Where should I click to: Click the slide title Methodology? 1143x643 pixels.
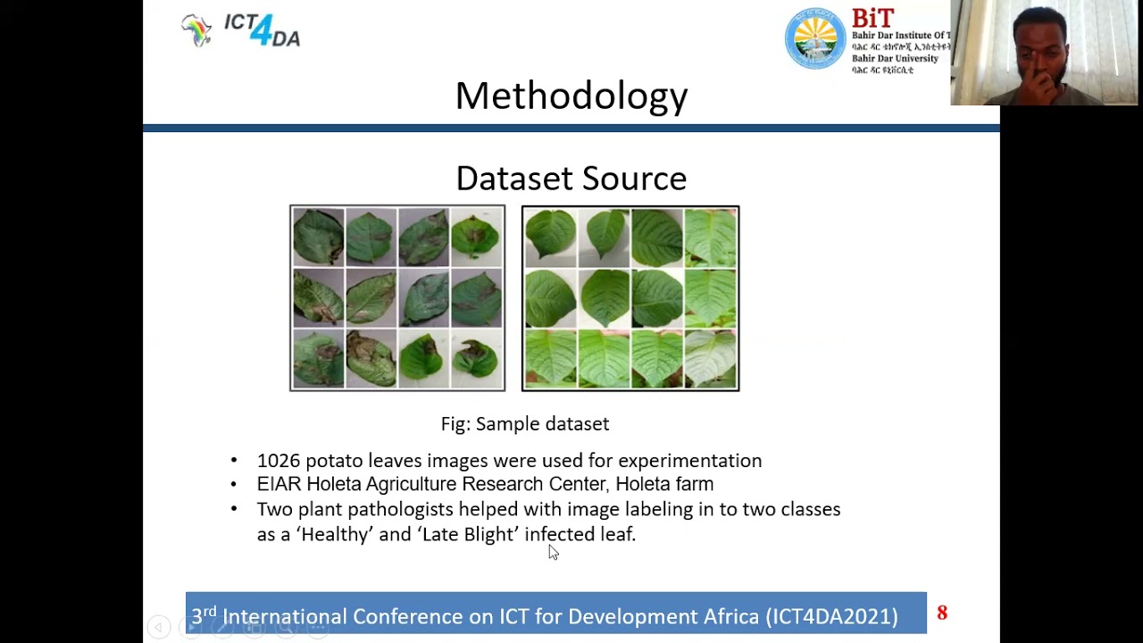pyautogui.click(x=571, y=96)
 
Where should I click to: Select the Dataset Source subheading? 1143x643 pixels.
pyautogui.click(x=571, y=179)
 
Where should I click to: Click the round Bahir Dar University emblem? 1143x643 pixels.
pyautogui.click(x=814, y=39)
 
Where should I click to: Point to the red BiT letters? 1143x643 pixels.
pyautogui.click(x=872, y=19)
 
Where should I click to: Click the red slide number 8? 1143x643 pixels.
pyautogui.click(x=942, y=613)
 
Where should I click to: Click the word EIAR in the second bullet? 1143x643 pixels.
pyautogui.click(x=279, y=484)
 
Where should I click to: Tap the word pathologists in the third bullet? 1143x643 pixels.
pyautogui.click(x=400, y=509)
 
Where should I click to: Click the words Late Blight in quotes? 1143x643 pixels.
pyautogui.click(x=468, y=534)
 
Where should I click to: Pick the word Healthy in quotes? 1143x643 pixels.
pyautogui.click(x=335, y=534)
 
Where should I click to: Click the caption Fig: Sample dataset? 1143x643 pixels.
pyautogui.click(x=525, y=424)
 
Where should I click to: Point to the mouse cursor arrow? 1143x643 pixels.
pyautogui.click(x=553, y=553)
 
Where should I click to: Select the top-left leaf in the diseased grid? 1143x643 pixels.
pyautogui.click(x=318, y=237)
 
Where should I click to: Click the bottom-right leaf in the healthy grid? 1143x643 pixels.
pyautogui.click(x=711, y=359)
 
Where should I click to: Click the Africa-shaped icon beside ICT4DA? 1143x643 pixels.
pyautogui.click(x=196, y=29)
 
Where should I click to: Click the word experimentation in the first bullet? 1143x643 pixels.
pyautogui.click(x=689, y=461)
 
